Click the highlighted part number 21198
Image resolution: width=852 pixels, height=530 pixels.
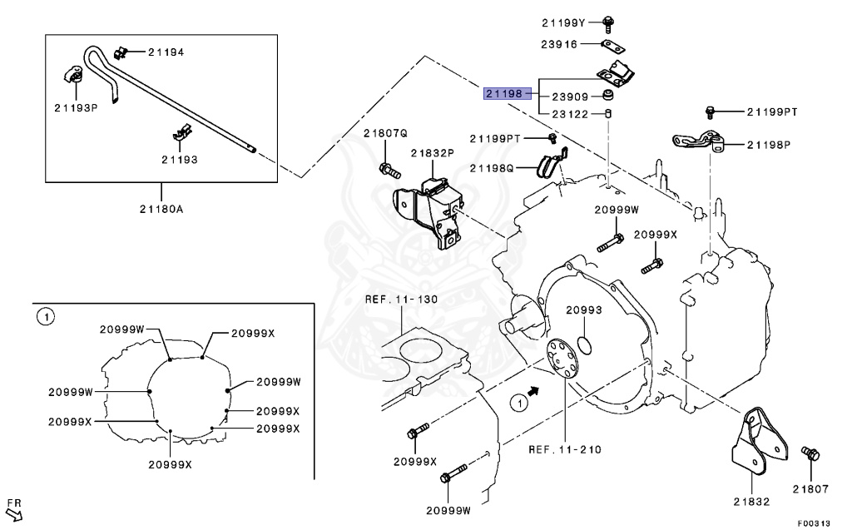pyautogui.click(x=504, y=94)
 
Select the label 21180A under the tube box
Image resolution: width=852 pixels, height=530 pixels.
pyautogui.click(x=161, y=209)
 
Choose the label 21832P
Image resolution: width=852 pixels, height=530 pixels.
pyautogui.click(x=431, y=153)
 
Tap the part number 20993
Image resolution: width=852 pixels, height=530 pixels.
pyautogui.click(x=584, y=310)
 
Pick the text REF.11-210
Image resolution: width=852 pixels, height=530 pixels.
pyautogui.click(x=565, y=449)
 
